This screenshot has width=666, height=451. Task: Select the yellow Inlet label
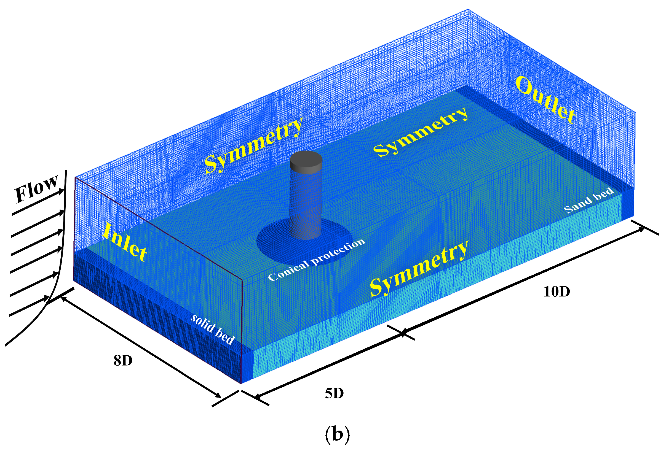tap(125, 242)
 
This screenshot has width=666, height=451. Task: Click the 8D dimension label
tap(123, 361)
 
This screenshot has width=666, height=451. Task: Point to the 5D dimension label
tap(334, 393)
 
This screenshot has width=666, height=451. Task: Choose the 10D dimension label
tap(557, 292)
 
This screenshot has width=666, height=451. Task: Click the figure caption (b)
tap(337, 434)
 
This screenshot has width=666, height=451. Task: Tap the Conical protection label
tap(316, 260)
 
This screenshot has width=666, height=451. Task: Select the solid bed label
tap(213, 329)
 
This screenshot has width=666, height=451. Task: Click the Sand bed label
tap(589, 200)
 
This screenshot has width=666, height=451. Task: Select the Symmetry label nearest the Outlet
tap(421, 132)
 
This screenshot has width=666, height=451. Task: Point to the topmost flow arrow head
tap(61, 191)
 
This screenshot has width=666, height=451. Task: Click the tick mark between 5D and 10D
tap(403, 333)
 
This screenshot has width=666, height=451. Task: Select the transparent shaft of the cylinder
tap(306, 203)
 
